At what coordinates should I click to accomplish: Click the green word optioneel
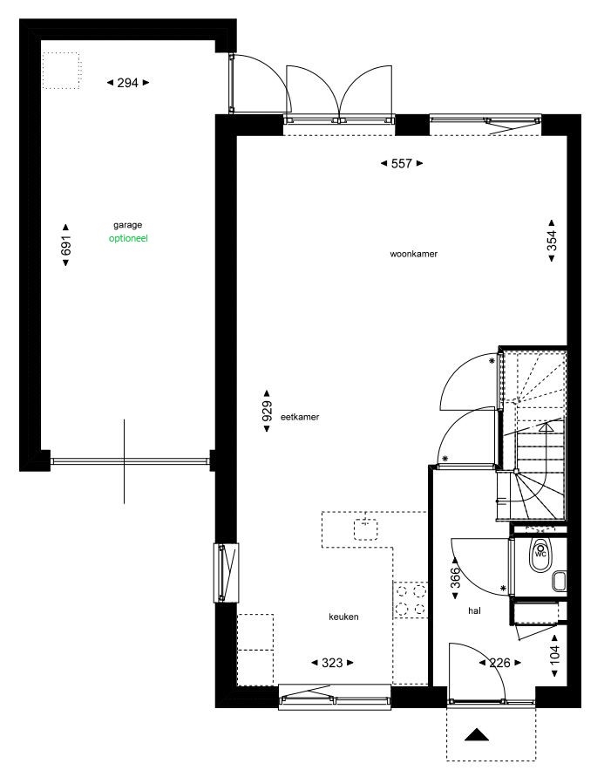pyautogui.click(x=128, y=238)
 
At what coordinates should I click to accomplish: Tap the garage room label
pyautogui.click(x=127, y=226)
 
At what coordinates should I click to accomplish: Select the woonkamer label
pyautogui.click(x=414, y=254)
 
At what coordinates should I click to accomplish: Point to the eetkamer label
pyautogui.click(x=300, y=417)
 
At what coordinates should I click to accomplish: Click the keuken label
pyautogui.click(x=343, y=617)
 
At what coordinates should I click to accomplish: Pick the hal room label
pyautogui.click(x=475, y=610)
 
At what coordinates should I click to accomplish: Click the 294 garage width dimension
pyautogui.click(x=128, y=83)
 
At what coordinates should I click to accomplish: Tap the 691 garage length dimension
pyautogui.click(x=65, y=245)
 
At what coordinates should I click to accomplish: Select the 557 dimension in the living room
pyautogui.click(x=402, y=163)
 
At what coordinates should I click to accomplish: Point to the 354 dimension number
pyautogui.click(x=552, y=241)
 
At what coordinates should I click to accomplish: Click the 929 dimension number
pyautogui.click(x=267, y=411)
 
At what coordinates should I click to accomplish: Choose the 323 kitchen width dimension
pyautogui.click(x=332, y=663)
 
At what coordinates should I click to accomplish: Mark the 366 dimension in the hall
pyautogui.click(x=455, y=578)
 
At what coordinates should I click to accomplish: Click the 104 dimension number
pyautogui.click(x=554, y=656)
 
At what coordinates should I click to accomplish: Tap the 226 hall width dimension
pyautogui.click(x=500, y=663)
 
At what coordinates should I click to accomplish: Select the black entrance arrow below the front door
pyautogui.click(x=477, y=734)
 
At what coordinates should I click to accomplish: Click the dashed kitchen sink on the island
pyautogui.click(x=366, y=530)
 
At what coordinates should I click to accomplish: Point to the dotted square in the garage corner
pyautogui.click(x=60, y=71)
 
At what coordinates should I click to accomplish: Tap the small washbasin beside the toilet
pyautogui.click(x=560, y=581)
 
